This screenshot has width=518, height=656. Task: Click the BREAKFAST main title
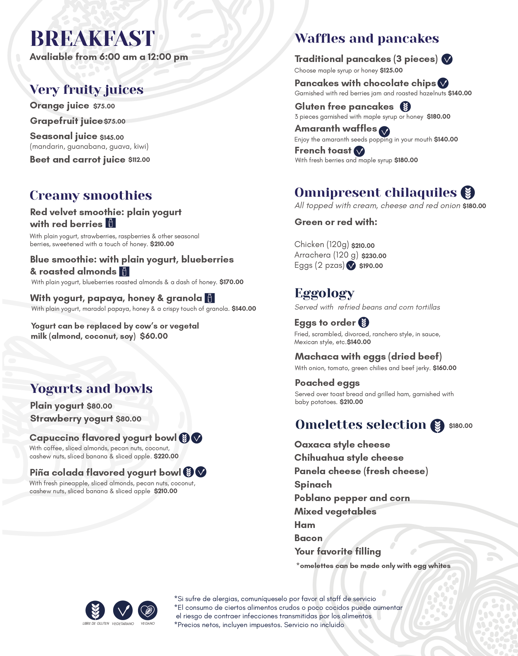coord(92,39)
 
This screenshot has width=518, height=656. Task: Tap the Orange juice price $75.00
coord(104,106)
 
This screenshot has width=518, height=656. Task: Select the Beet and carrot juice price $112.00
coord(139,160)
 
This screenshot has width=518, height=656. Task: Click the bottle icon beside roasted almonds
coord(124,272)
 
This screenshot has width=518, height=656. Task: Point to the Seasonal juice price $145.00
coord(112,137)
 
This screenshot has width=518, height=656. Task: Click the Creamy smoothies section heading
coord(91,196)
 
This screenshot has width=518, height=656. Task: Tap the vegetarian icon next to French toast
coord(359,151)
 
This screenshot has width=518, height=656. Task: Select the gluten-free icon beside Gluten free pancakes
coord(405,107)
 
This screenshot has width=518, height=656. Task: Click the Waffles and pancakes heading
coord(367,39)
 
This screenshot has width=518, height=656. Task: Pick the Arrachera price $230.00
coord(374,256)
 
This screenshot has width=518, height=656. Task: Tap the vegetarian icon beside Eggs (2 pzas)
coord(351,266)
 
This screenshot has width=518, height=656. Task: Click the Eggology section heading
coord(324,293)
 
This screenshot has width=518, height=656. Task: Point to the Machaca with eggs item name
coord(368,356)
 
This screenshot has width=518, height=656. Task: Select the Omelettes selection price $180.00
coord(460,426)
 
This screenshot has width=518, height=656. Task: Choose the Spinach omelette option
coord(313,485)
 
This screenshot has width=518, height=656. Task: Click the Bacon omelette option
coord(308,538)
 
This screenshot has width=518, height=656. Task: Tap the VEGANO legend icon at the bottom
coord(148,610)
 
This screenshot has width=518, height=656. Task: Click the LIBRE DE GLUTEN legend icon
coord(95,610)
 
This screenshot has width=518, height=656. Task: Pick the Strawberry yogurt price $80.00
coord(129,419)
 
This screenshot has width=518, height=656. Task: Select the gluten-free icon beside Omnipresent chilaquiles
coord(468,193)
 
